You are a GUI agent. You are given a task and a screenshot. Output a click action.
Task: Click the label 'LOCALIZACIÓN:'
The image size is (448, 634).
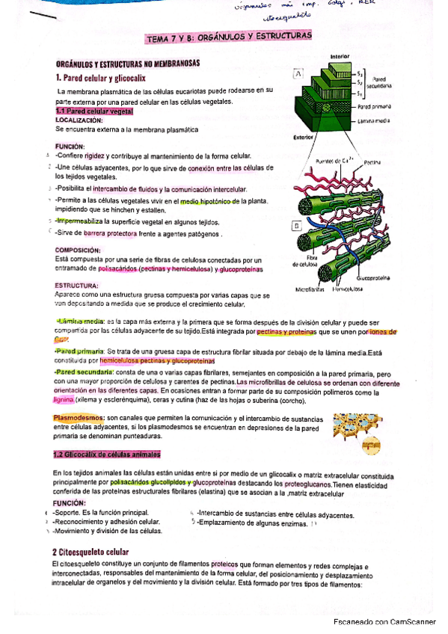pyautogui.click(x=79, y=120)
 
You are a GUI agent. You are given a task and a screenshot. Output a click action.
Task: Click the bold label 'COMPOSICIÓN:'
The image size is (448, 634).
pyautogui.click(x=78, y=250)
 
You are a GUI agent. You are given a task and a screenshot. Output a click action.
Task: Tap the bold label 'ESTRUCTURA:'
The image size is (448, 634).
pyautogui.click(x=76, y=286)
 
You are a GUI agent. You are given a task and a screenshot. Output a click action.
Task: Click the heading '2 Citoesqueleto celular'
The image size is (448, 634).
pyautogui.click(x=91, y=552)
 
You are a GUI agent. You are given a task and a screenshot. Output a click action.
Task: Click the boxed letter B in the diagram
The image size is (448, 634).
pyautogui.click(x=297, y=225)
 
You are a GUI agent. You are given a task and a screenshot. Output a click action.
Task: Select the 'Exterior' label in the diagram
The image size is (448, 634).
pyautogui.click(x=303, y=138)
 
